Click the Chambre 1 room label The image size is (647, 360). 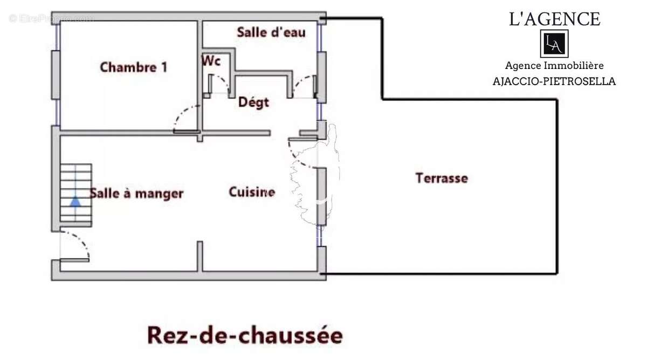coord(133,67)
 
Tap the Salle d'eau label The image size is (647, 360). coord(271,32)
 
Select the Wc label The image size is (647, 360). coord(211,61)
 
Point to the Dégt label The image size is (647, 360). coord(253,102)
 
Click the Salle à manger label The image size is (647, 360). coord(136,193)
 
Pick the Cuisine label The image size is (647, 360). coord(252,192)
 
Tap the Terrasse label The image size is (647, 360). coord(442,178)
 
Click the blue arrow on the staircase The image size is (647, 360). coord(75,201)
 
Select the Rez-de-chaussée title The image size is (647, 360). coord(245,335)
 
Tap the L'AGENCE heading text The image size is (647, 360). coord(554,19)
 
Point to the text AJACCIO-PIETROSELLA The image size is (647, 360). coord(554,82)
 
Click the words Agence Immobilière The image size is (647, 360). coord(554,66)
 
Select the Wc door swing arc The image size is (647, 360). coord(219,84)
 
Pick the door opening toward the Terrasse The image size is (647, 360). coord(302,154)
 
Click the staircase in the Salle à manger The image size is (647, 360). coord(75,194)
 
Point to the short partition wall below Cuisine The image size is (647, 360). coord(199,256)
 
